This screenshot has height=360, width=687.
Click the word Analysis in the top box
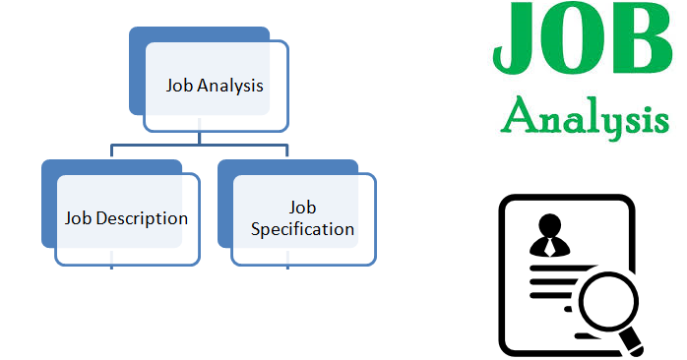[x=230, y=86]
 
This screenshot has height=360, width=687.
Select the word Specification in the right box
[x=302, y=229]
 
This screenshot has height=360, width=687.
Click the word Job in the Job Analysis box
[x=179, y=86]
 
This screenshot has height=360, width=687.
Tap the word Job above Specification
[x=302, y=209]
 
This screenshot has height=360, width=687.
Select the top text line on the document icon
[x=571, y=265]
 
